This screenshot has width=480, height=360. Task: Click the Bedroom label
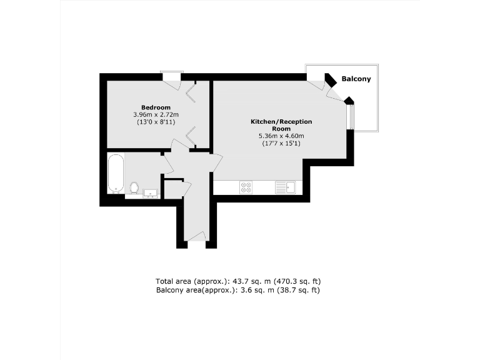click(156, 107)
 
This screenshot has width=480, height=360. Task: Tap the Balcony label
click(357, 79)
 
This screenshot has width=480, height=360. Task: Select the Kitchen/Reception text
click(281, 121)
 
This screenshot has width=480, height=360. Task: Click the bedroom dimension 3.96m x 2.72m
click(156, 114)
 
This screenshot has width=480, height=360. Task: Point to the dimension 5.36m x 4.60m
click(281, 136)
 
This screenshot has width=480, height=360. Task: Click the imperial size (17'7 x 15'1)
click(281, 144)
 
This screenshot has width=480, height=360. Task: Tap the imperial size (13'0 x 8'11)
click(156, 122)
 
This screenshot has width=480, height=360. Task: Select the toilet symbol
click(134, 187)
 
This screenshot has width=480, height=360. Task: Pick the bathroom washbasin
click(151, 193)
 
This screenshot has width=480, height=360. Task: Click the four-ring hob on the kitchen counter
click(246, 187)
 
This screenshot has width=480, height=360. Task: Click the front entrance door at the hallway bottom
click(197, 237)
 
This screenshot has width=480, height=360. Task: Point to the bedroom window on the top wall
click(170, 75)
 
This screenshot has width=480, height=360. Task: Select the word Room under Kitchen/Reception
click(281, 129)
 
